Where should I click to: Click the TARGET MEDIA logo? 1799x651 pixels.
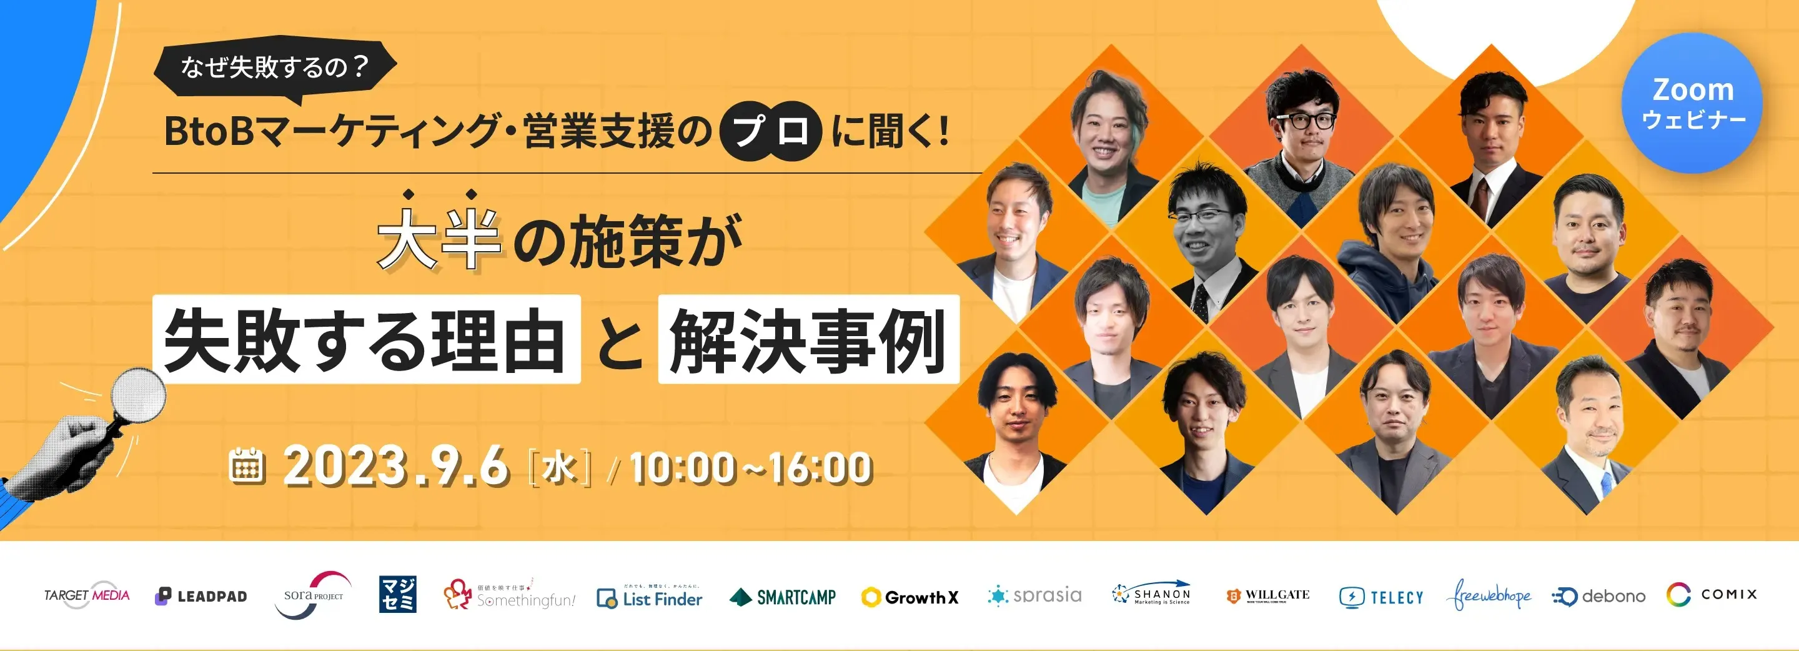(87, 595)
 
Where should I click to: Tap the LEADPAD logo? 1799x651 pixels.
(201, 596)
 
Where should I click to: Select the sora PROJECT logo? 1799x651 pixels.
(314, 595)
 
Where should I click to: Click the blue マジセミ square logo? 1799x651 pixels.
(397, 594)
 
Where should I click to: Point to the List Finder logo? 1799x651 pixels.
(650, 598)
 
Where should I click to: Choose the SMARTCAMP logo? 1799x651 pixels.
(783, 597)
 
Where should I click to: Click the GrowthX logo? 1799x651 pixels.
(910, 597)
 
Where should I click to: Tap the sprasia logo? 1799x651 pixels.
(1035, 595)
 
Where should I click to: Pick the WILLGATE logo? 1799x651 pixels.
(1268, 595)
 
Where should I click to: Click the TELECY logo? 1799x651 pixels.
(1380, 597)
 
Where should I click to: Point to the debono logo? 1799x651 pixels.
(1598, 596)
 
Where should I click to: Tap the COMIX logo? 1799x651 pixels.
(1712, 594)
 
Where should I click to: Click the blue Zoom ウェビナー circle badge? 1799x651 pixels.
(1692, 102)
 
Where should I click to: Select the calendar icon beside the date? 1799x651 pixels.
(247, 466)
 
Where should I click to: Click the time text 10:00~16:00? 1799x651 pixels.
(751, 467)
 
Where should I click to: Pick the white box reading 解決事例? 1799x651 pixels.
(808, 339)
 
